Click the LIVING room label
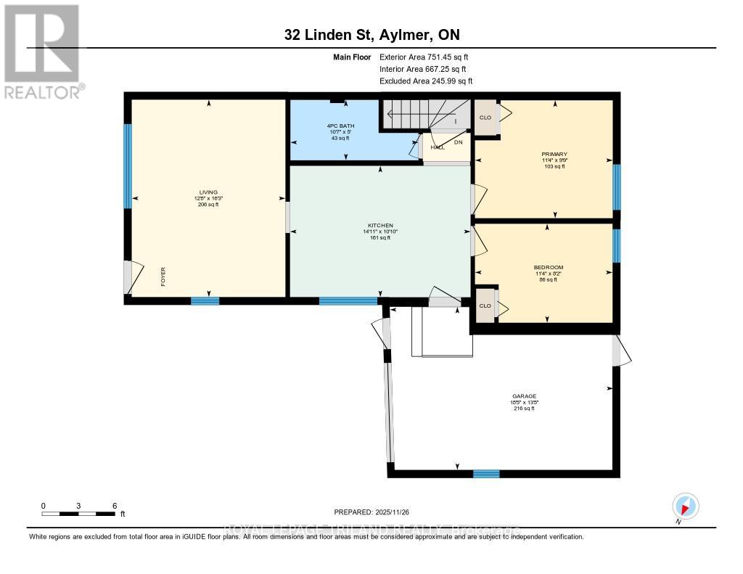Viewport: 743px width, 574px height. pos(208,192)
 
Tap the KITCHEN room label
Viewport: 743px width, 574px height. pos(379,226)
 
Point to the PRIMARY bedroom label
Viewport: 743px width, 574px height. pos(554,155)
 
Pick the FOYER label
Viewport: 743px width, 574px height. pos(164,277)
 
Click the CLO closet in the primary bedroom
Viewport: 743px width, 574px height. pos(485,118)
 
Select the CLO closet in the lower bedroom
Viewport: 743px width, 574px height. pos(485,306)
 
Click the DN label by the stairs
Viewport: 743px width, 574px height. pos(458,142)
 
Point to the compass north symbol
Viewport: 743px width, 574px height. pos(685,506)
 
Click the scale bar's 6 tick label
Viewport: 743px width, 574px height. pos(114,506)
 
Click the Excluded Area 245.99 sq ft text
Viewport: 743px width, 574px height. pos(426,81)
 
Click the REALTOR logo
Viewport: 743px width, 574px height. pos(42,51)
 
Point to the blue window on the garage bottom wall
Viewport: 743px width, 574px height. pos(486,474)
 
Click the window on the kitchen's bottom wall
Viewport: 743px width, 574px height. pos(348,300)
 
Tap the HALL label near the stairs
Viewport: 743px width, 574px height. pos(437,147)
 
